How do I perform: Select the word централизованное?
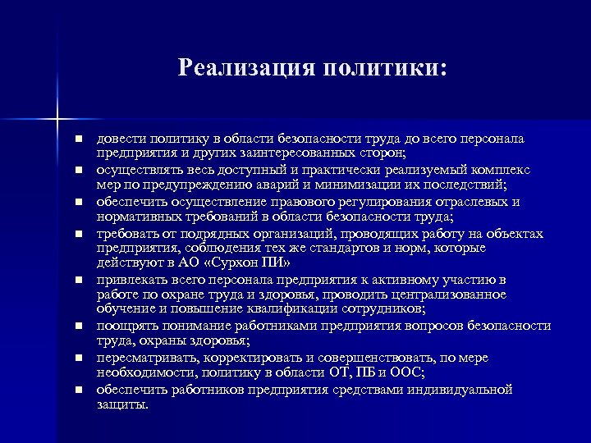click(x=448, y=295)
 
